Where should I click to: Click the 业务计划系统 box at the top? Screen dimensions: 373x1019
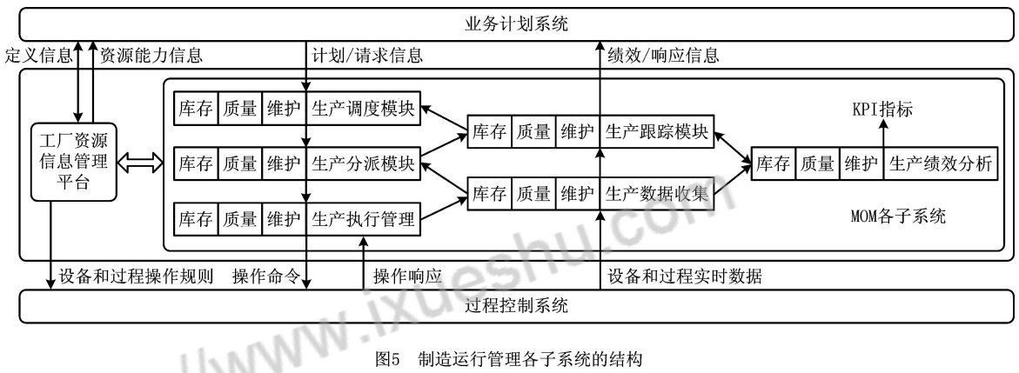509,23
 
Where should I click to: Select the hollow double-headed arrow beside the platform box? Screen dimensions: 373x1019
138,163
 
